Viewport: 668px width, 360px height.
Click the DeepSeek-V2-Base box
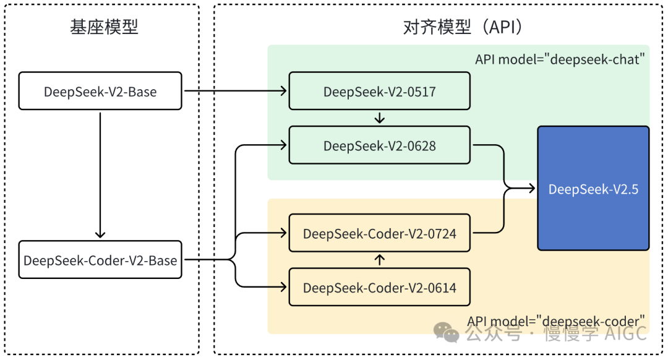(x=100, y=92)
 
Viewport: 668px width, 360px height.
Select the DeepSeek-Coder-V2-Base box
(x=100, y=260)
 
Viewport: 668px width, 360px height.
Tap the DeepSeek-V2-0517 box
(x=379, y=92)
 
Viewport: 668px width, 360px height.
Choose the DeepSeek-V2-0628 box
(x=379, y=145)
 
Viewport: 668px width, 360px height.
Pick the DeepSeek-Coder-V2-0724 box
(x=379, y=233)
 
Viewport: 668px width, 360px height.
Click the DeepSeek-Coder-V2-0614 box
(x=379, y=287)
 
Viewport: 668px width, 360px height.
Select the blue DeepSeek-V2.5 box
(x=593, y=188)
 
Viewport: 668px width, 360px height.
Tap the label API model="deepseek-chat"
(x=560, y=59)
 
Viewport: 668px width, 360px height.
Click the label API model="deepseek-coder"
(x=556, y=321)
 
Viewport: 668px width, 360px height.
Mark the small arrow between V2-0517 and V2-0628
(x=380, y=118)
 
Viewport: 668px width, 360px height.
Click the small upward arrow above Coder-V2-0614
(x=380, y=260)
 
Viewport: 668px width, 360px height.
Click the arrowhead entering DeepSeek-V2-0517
(x=284, y=92)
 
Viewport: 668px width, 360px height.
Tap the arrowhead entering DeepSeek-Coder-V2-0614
(x=284, y=287)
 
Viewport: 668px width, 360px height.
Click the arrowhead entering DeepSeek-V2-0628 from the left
(x=284, y=145)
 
